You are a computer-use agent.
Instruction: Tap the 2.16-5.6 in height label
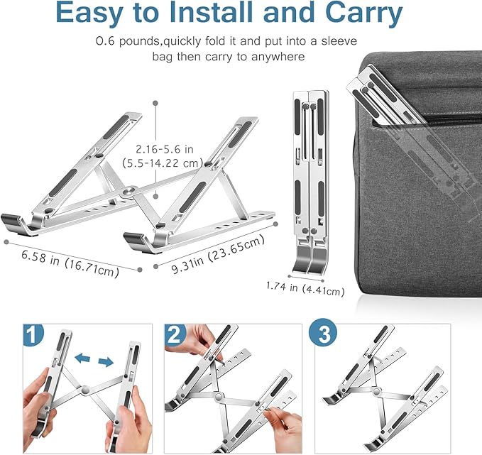tap(168, 149)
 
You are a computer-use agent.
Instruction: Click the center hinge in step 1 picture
tap(85, 390)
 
